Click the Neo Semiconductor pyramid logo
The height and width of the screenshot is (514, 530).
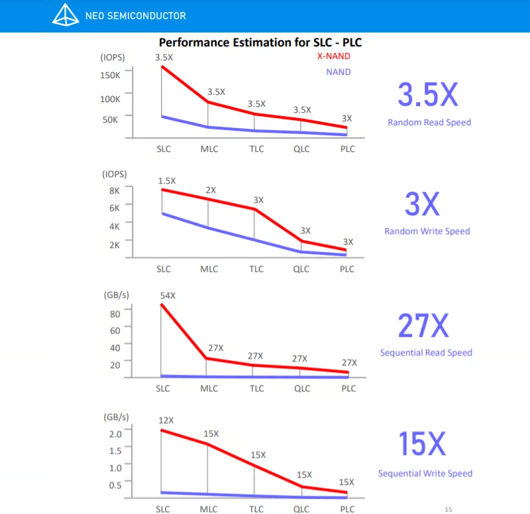(x=66, y=15)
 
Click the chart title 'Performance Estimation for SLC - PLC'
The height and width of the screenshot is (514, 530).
(x=260, y=42)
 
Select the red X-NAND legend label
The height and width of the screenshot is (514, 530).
(x=333, y=56)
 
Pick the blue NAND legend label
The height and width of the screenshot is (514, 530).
(x=339, y=72)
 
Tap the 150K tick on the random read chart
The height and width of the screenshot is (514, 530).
(x=110, y=75)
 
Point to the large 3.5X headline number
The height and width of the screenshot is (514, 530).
(x=427, y=96)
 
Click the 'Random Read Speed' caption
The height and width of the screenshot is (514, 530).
(x=429, y=122)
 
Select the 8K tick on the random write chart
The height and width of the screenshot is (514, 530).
(x=114, y=190)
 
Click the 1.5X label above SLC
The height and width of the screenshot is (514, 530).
(x=167, y=180)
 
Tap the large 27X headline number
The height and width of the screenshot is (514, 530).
(x=423, y=326)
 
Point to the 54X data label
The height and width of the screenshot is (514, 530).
(x=168, y=294)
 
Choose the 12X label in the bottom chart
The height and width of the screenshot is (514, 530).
(x=166, y=420)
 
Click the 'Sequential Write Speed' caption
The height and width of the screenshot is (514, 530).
(x=425, y=474)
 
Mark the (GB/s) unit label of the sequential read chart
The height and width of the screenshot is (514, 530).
(x=116, y=294)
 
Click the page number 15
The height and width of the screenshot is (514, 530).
(x=449, y=509)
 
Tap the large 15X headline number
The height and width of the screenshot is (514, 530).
(x=422, y=444)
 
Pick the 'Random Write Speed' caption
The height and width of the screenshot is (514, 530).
(x=427, y=231)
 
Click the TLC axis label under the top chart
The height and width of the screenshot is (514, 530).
(x=256, y=149)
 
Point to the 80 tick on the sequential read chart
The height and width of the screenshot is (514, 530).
(x=115, y=313)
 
